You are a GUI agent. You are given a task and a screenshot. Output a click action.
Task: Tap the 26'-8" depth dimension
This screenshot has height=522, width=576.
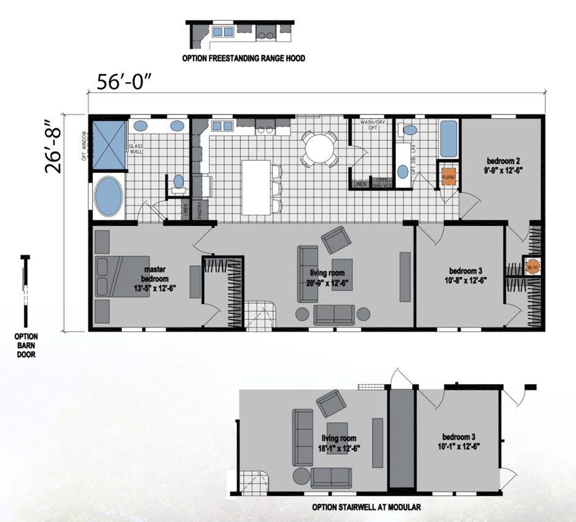point(55,151)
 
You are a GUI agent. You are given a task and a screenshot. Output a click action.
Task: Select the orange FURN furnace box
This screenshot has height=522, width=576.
point(449,176)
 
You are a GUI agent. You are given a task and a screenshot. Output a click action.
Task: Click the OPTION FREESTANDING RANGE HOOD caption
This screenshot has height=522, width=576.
point(243,59)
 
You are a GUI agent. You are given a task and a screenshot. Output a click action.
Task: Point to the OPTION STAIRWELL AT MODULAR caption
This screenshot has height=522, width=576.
point(366,507)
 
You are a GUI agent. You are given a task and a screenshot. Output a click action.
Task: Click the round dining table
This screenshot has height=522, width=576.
point(319,147)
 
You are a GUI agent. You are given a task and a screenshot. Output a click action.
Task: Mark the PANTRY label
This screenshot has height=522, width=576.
point(199,210)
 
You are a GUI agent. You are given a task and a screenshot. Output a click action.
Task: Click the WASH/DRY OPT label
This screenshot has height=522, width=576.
point(373,125)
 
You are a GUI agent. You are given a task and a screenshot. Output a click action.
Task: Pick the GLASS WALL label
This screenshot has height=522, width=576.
point(135,150)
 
